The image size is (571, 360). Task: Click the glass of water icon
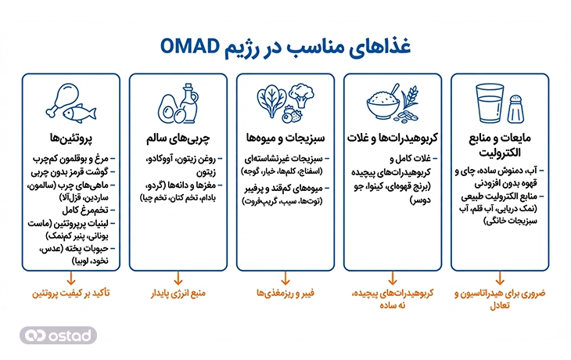[490, 106]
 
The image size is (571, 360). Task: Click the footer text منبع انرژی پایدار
[178, 296]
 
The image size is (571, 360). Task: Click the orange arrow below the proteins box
[71, 276]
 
